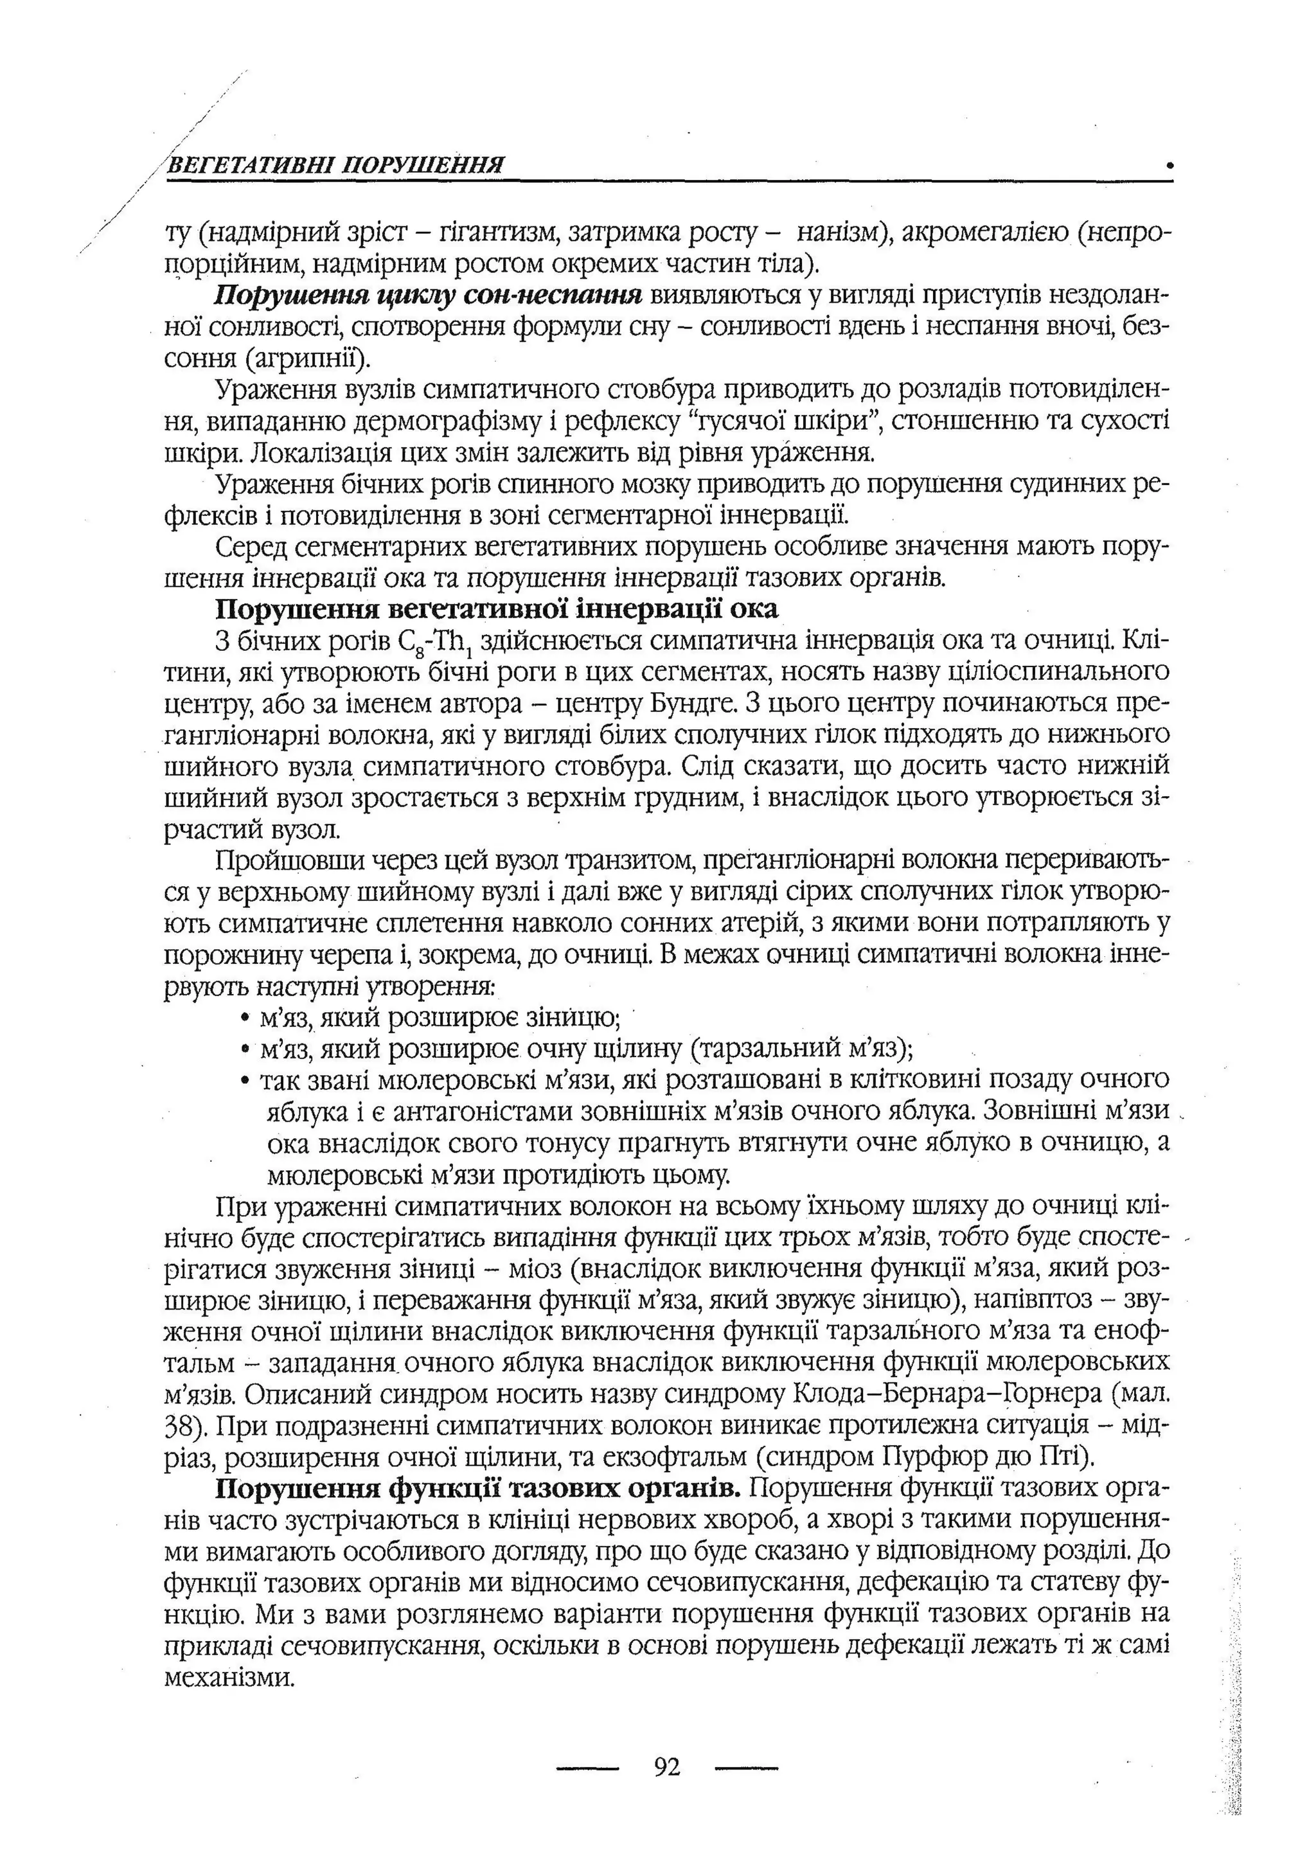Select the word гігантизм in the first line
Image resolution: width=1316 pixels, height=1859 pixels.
(496, 233)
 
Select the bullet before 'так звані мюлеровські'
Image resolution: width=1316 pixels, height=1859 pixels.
(245, 1081)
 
